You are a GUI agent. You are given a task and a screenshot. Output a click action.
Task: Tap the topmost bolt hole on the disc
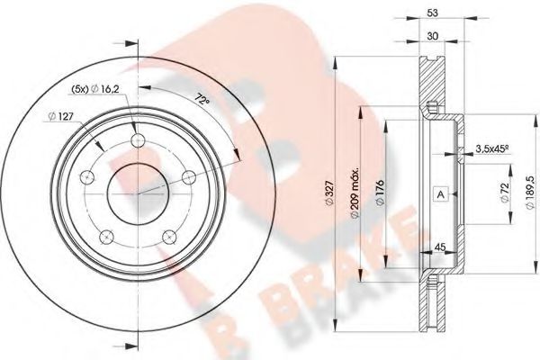(x=138, y=141)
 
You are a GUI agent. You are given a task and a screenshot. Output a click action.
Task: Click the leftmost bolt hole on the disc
(x=88, y=178)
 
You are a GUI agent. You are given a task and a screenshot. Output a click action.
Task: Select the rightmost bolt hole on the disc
(x=188, y=177)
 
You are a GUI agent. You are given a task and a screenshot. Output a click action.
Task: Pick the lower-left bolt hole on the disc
(x=107, y=237)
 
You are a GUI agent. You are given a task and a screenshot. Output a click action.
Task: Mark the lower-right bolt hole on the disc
(x=169, y=237)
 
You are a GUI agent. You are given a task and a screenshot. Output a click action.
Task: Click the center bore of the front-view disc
(x=138, y=192)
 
